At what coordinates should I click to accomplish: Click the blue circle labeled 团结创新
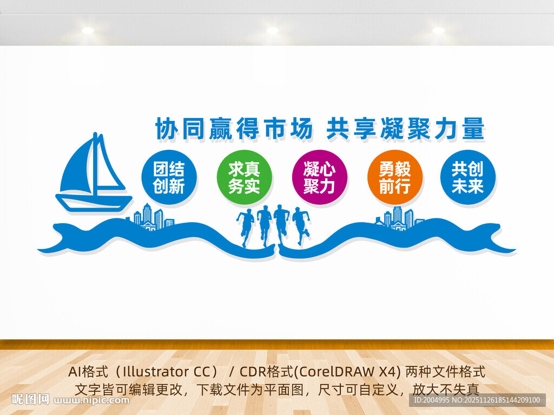tap(169, 177)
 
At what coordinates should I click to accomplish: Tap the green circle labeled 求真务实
tap(244, 177)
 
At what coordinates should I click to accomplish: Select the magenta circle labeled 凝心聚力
tap(319, 177)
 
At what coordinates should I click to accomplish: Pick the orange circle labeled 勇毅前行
tap(394, 177)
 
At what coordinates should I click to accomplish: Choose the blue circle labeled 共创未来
tap(467, 177)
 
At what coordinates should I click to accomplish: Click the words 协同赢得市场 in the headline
tap(234, 129)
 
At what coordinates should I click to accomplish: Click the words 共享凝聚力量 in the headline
tap(405, 129)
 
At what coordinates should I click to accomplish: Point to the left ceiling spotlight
tap(88, 31)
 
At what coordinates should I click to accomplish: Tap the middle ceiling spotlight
tap(272, 31)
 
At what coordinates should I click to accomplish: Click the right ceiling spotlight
tap(438, 31)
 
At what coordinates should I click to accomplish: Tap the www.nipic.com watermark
tap(92, 400)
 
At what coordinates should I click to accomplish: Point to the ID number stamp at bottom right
tap(476, 400)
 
